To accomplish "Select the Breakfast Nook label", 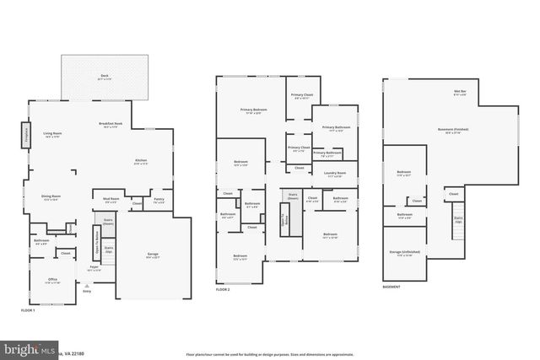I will coord(111,125).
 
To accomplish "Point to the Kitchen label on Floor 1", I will coord(141,162).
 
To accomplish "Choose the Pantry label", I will coord(159,201).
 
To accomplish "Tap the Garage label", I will coord(153,255).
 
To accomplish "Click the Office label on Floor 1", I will coord(52,281).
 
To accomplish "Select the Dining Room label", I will coord(51,198).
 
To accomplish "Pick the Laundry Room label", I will coord(334,175).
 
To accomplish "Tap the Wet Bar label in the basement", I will coord(460,92).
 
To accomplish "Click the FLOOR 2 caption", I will coord(223,289).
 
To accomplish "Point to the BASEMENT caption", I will coord(391,287).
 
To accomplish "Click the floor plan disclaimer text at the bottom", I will coord(270,352).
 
